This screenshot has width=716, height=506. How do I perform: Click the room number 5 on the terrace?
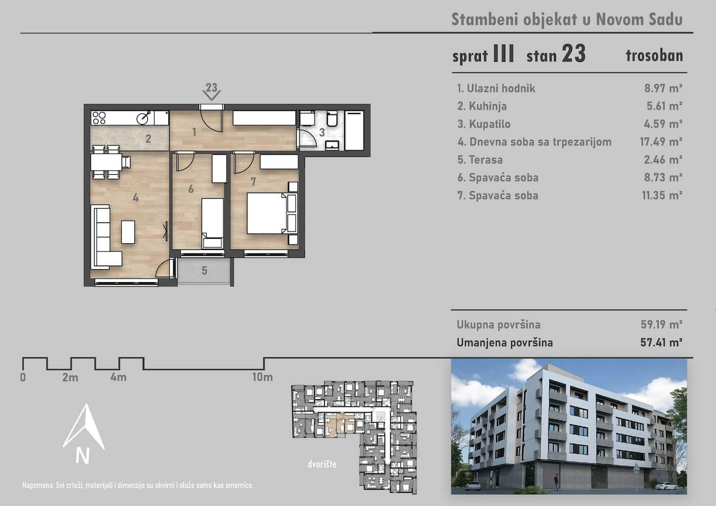(x=205, y=270)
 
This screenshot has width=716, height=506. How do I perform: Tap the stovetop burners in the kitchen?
(x=99, y=118)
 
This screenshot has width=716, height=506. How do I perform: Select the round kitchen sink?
(x=143, y=118)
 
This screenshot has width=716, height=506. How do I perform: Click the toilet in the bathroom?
(x=332, y=118)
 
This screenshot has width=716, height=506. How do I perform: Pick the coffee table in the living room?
(x=128, y=232)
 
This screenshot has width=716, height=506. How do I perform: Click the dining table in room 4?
(x=106, y=162)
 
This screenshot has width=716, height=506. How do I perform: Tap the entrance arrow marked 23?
(x=211, y=92)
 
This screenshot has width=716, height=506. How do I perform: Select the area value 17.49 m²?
(x=661, y=142)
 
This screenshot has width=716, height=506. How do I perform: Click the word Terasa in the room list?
(x=486, y=159)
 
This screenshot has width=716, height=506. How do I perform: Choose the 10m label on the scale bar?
(x=262, y=377)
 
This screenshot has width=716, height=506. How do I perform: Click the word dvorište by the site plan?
(x=322, y=464)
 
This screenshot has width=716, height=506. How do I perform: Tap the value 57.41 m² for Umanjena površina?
(x=661, y=342)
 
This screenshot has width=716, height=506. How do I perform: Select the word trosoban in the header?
(x=654, y=55)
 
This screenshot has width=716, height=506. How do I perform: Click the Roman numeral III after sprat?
(x=504, y=53)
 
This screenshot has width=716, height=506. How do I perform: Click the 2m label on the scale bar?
(x=71, y=377)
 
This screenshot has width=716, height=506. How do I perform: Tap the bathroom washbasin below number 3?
(x=332, y=145)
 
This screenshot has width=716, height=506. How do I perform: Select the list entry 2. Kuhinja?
(x=482, y=106)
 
